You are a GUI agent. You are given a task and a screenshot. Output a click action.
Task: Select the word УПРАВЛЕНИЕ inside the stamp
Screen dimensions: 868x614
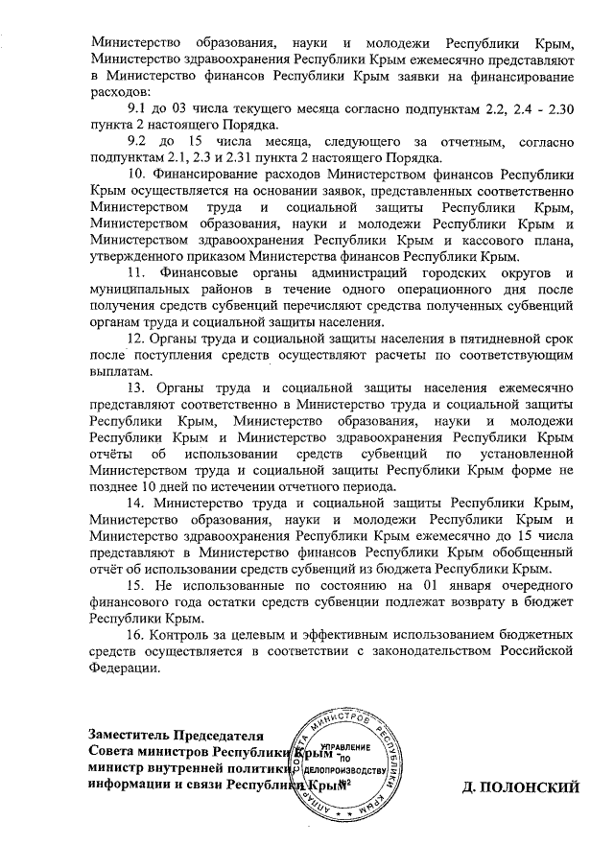(346, 747)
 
